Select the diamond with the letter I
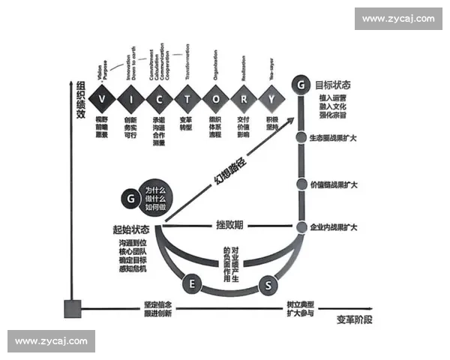tap(130, 99)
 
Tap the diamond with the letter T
tap(186, 99)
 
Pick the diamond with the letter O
tap(214, 99)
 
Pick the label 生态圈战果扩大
tap(333, 138)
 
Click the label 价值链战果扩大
tap(333, 184)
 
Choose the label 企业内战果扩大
tap(333, 226)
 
